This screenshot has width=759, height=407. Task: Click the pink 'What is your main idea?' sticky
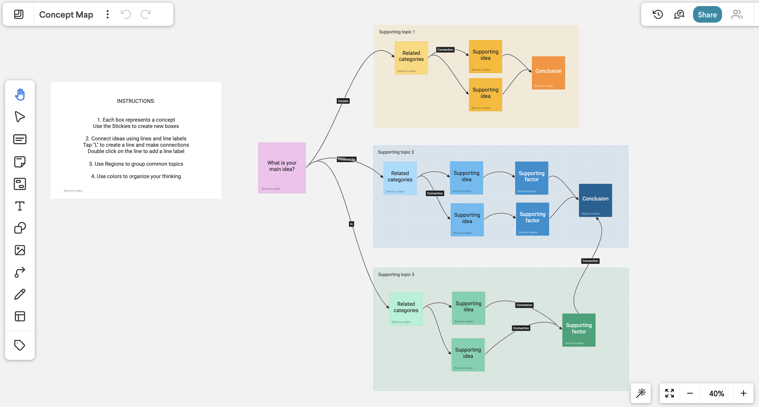[282, 167]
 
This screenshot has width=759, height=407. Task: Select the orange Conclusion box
[548, 73]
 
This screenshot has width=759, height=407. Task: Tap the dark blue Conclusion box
[595, 200]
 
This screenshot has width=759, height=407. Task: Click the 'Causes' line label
[343, 101]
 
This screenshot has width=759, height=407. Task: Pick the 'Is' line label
[351, 224]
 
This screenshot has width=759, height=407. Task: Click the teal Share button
[707, 14]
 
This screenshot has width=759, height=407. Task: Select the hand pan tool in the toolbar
[20, 95]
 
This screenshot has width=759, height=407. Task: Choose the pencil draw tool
[20, 294]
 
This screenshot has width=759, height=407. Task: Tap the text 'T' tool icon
[20, 206]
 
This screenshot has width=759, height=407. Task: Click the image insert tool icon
[20, 250]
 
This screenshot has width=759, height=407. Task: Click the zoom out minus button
[690, 393]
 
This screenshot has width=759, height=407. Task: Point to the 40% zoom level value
[716, 393]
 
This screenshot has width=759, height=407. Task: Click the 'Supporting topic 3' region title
[396, 274]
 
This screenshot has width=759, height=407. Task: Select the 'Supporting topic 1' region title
[397, 32]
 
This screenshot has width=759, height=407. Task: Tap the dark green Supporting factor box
[579, 330]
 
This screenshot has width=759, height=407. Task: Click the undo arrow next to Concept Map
[126, 14]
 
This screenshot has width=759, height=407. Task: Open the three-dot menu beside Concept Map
[108, 14]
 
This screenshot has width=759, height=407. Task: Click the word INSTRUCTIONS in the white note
[136, 101]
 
